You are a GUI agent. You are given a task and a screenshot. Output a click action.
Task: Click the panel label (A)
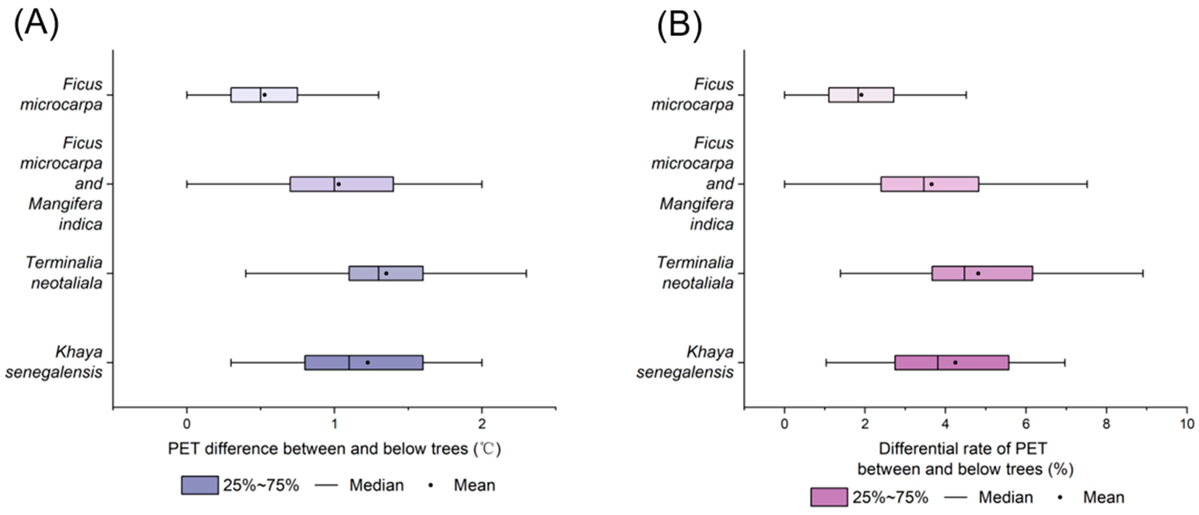coord(36,24)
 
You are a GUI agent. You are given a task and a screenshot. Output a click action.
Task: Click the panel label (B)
coord(679,24)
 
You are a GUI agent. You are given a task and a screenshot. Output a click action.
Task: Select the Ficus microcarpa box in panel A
coord(264,95)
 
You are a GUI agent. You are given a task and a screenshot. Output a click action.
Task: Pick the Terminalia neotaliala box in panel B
coord(982,273)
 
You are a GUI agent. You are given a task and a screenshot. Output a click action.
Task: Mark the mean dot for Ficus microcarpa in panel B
coord(861,95)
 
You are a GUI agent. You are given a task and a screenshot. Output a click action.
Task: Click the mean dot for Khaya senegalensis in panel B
coord(955,362)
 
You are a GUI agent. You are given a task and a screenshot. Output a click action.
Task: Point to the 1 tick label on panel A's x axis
coord(334,424)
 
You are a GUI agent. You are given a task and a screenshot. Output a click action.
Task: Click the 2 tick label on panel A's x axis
coord(482,424)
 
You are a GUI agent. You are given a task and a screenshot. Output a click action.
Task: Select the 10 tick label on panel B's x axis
coord(1187,424)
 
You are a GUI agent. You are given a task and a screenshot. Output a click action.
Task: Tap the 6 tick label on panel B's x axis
coord(1026,424)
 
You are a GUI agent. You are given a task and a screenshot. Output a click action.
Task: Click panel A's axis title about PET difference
coord(334,449)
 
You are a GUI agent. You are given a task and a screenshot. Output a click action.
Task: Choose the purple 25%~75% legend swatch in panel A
coord(200,485)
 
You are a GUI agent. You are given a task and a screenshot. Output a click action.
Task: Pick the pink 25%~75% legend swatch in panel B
coord(829,497)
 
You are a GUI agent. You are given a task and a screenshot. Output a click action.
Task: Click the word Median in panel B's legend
coord(1005,497)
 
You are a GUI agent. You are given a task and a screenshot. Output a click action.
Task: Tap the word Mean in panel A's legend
coord(474,485)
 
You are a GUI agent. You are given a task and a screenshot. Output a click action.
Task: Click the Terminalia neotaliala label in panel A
coord(64,273)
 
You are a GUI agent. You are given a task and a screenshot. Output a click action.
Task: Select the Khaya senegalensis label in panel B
coord(685,362)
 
